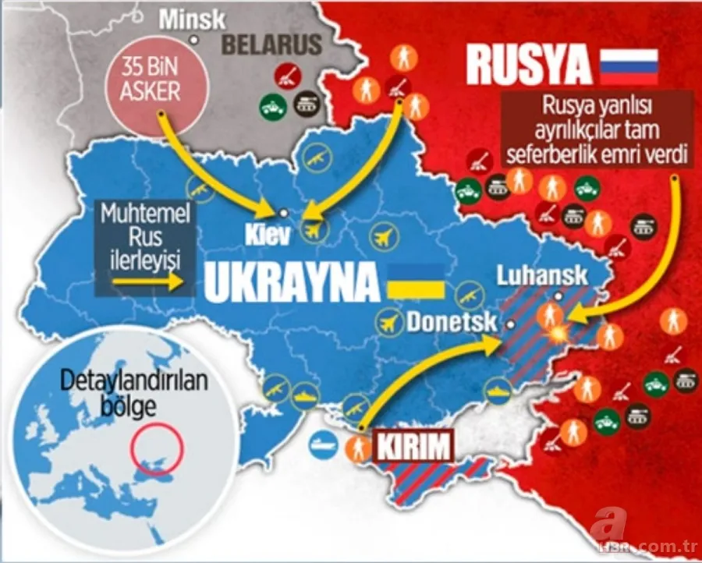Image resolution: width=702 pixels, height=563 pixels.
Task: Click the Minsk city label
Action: (192, 19)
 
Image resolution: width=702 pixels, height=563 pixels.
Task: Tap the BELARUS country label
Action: (271, 44)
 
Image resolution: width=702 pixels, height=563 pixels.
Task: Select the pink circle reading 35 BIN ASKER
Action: (150, 82)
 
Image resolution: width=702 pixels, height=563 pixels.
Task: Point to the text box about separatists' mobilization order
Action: (598, 131)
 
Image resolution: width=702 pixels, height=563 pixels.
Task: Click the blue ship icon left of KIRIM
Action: (323, 447)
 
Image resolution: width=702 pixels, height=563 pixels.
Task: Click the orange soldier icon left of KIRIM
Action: (359, 448)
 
